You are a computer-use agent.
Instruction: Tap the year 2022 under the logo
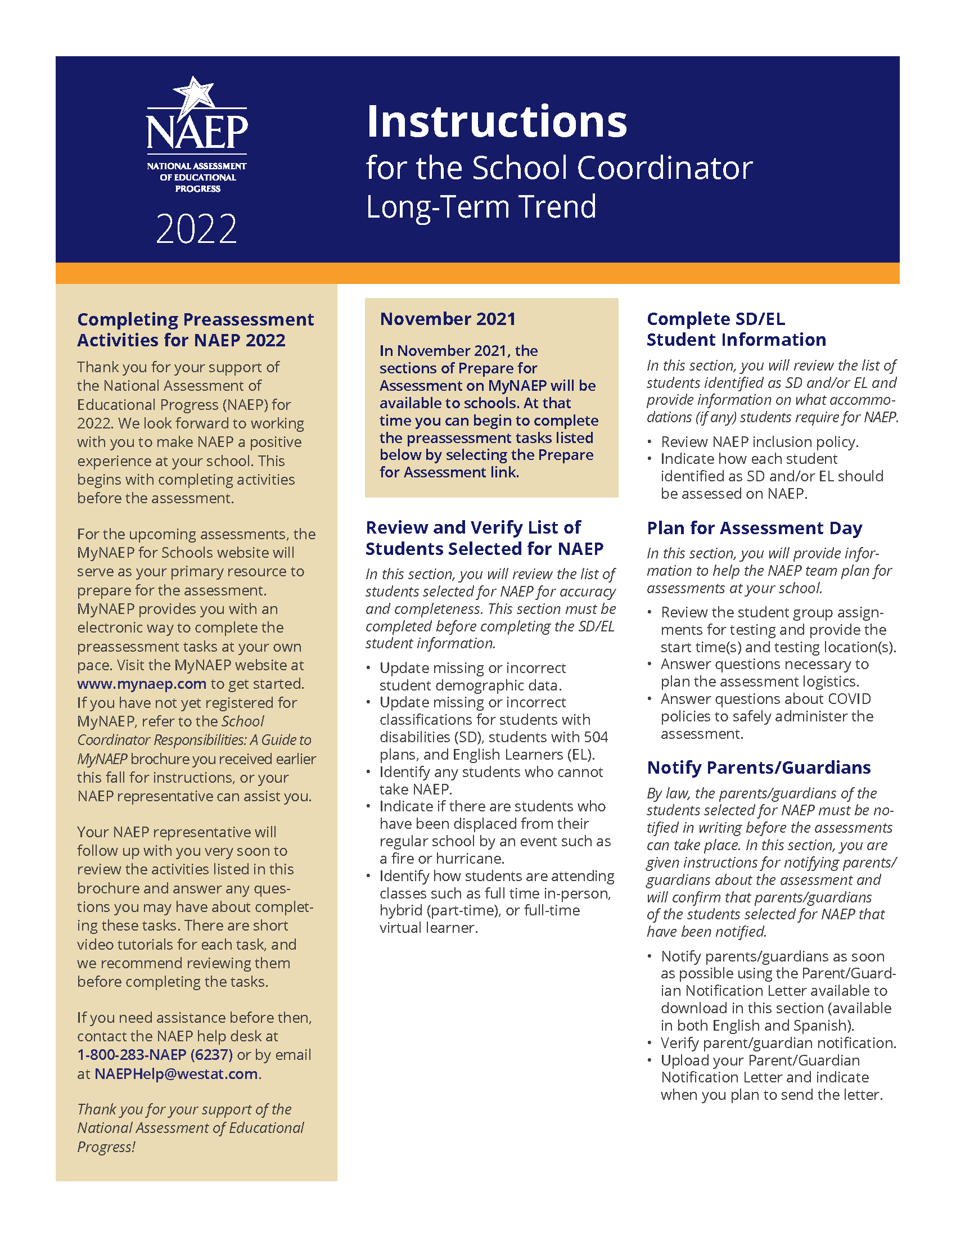click(196, 229)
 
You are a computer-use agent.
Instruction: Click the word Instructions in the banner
click(497, 122)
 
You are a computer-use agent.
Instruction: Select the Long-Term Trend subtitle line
click(481, 207)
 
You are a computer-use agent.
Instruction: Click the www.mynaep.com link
click(142, 684)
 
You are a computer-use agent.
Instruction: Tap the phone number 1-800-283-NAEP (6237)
click(155, 1055)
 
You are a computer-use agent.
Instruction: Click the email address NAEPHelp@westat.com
click(175, 1073)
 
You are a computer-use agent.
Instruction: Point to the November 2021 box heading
click(448, 319)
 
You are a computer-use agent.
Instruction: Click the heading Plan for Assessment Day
click(754, 528)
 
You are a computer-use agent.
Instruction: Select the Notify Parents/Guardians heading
click(759, 768)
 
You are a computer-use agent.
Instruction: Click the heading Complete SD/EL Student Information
click(736, 329)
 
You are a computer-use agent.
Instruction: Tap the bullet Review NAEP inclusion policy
click(760, 442)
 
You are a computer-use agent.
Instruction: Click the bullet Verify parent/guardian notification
click(778, 1042)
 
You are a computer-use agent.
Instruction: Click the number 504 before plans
click(596, 737)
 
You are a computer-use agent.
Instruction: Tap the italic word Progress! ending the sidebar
click(106, 1147)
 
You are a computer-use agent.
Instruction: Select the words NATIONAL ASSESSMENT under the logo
click(196, 166)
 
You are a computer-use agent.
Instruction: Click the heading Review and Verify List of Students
click(484, 538)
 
